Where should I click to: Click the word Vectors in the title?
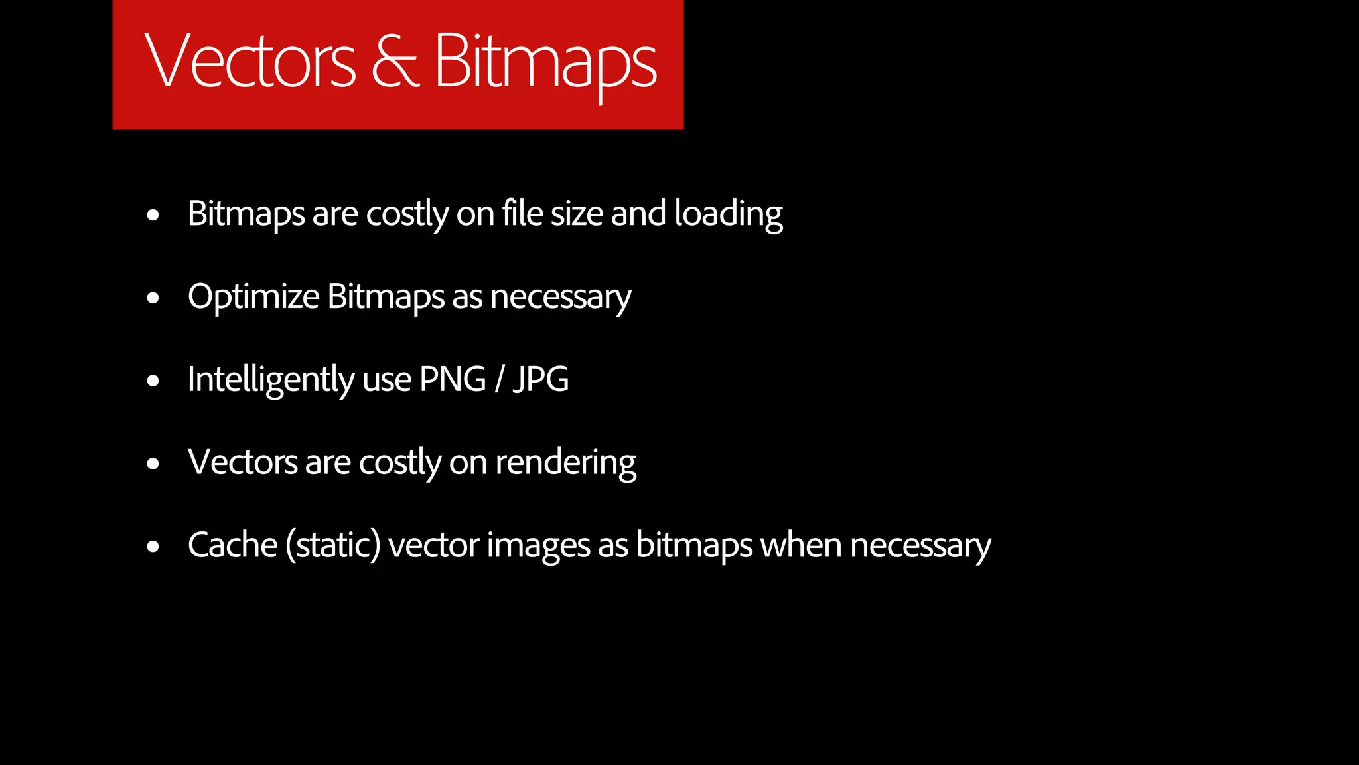pos(250,61)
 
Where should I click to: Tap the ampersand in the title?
pos(395,61)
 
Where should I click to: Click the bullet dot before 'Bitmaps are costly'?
pos(153,215)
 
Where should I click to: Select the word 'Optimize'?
pos(253,297)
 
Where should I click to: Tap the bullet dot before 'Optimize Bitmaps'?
pos(153,298)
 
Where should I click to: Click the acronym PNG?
pos(453,379)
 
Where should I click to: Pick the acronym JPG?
pos(541,379)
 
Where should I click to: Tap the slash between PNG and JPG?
pos(499,380)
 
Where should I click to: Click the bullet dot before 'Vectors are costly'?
pos(153,464)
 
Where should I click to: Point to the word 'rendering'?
pos(565,463)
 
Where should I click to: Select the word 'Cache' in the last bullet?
pos(232,545)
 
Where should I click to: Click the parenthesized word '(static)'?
pos(333,546)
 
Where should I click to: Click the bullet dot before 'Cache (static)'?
pos(153,547)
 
